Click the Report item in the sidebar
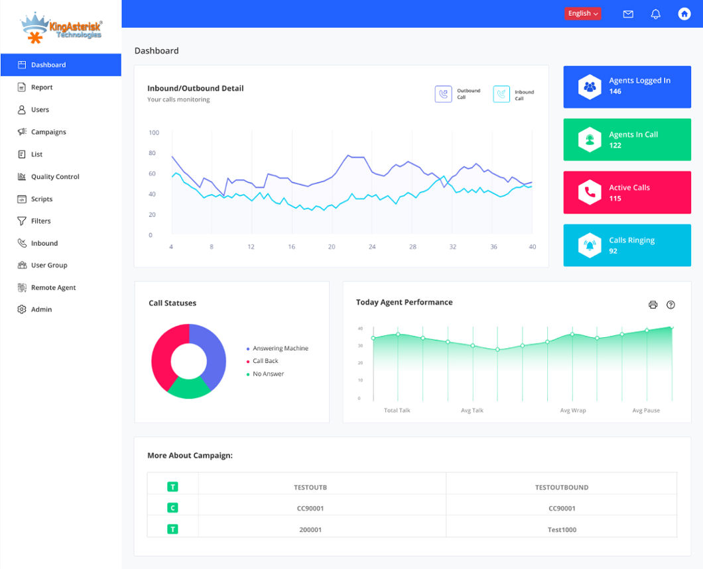(41, 87)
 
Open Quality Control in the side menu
(54, 177)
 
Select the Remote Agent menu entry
(53, 287)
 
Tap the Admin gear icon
(22, 309)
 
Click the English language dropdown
(583, 13)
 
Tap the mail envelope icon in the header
(628, 14)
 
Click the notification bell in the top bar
(656, 14)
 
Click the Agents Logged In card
(627, 86)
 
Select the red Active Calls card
(627, 193)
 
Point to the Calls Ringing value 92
(613, 251)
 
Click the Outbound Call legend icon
(443, 94)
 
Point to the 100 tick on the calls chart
(154, 132)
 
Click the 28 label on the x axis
(413, 247)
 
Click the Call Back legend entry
(265, 361)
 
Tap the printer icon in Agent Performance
(653, 305)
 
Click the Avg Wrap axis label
(573, 411)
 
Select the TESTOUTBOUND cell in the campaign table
(561, 488)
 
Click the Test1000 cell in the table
(561, 530)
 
